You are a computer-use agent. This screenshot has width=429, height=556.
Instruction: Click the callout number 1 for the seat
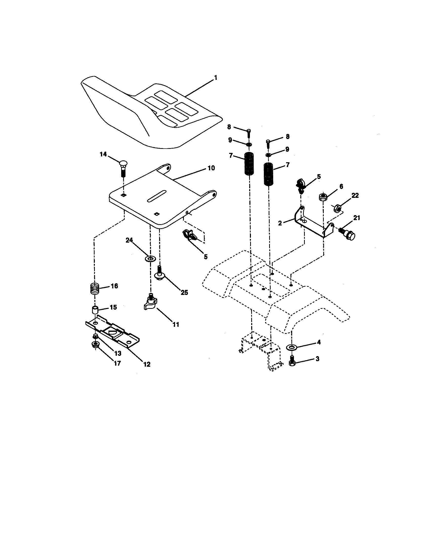216,78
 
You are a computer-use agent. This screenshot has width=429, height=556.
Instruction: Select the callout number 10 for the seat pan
211,168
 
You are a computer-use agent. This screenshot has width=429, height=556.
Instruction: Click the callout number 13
118,353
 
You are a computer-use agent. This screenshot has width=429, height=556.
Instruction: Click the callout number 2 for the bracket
280,223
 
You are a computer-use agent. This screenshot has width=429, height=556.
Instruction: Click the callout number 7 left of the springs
231,155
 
